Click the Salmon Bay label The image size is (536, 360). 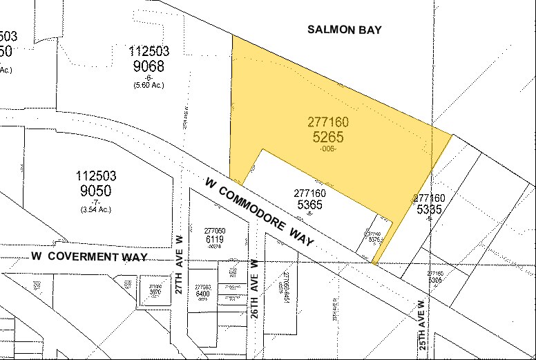tap(345, 30)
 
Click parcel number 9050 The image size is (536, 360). tap(96, 191)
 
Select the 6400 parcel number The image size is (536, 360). tap(202, 294)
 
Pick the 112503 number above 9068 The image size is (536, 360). tap(149, 51)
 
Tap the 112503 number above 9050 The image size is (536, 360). tap(96, 176)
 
